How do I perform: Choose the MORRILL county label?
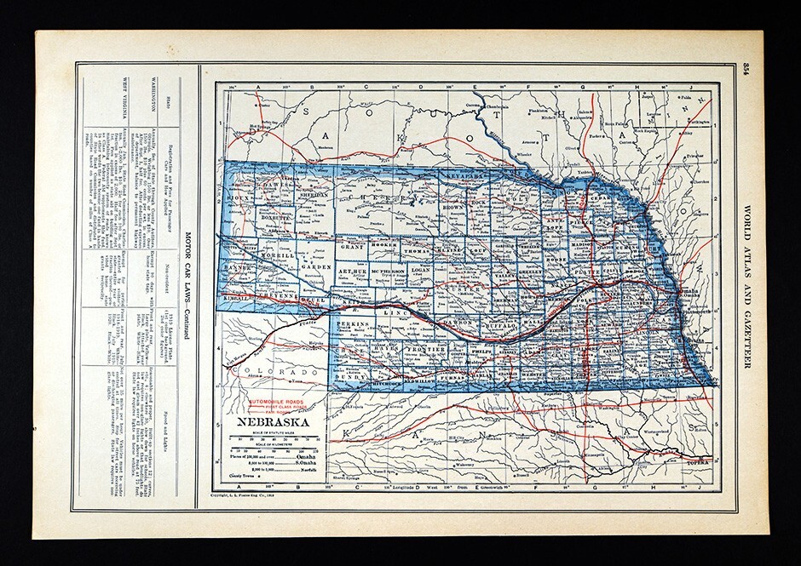(279, 254)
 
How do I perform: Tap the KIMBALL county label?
(236, 298)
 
